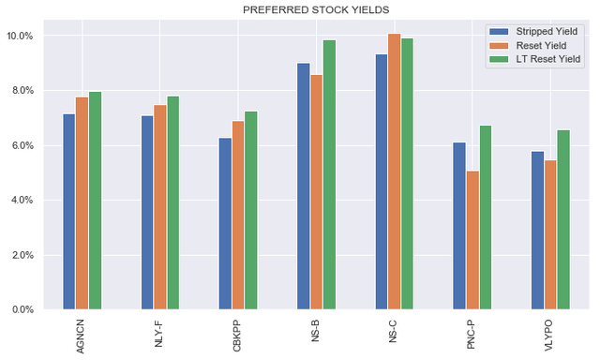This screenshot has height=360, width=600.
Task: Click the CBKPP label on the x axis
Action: click(x=238, y=333)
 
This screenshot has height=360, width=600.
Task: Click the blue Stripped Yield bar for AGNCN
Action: click(x=69, y=212)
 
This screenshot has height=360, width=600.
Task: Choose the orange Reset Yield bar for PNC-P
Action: click(x=472, y=240)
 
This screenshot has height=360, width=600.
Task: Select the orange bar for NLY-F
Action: click(x=160, y=207)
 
